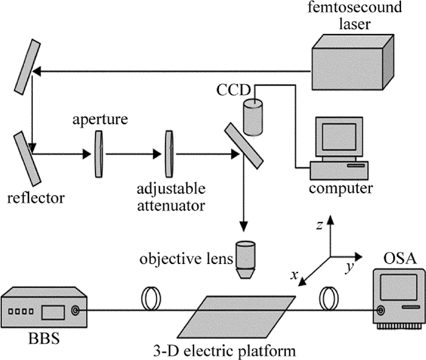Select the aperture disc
coord(98,154)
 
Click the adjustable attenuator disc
coord(169,154)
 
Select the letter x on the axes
coord(295,275)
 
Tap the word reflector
coord(35,198)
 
